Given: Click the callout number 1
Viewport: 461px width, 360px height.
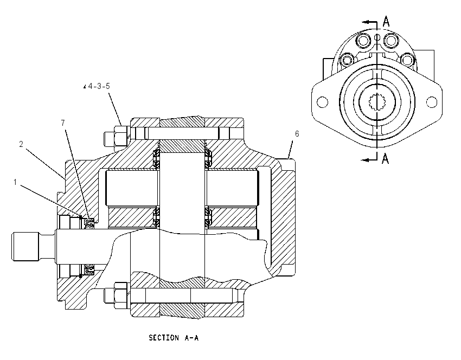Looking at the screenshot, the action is point(15,183).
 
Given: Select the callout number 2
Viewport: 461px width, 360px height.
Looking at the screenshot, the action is point(21,144).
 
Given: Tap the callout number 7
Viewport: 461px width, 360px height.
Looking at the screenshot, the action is point(63,123).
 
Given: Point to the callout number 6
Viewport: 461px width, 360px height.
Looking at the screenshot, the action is point(297,134).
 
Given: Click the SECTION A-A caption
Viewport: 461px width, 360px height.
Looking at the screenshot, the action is point(174,338).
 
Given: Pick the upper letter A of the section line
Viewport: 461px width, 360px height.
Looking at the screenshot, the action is point(386,22).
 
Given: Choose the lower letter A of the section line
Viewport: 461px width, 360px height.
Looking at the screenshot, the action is point(385,159).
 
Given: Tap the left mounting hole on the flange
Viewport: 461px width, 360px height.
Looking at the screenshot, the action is point(322,102).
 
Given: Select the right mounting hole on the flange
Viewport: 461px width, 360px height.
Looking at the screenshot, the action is point(432,102).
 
